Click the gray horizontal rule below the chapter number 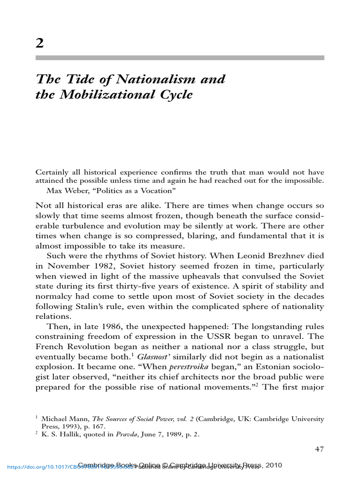180,58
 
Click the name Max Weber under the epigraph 63,190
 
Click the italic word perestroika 175,367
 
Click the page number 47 319,450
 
